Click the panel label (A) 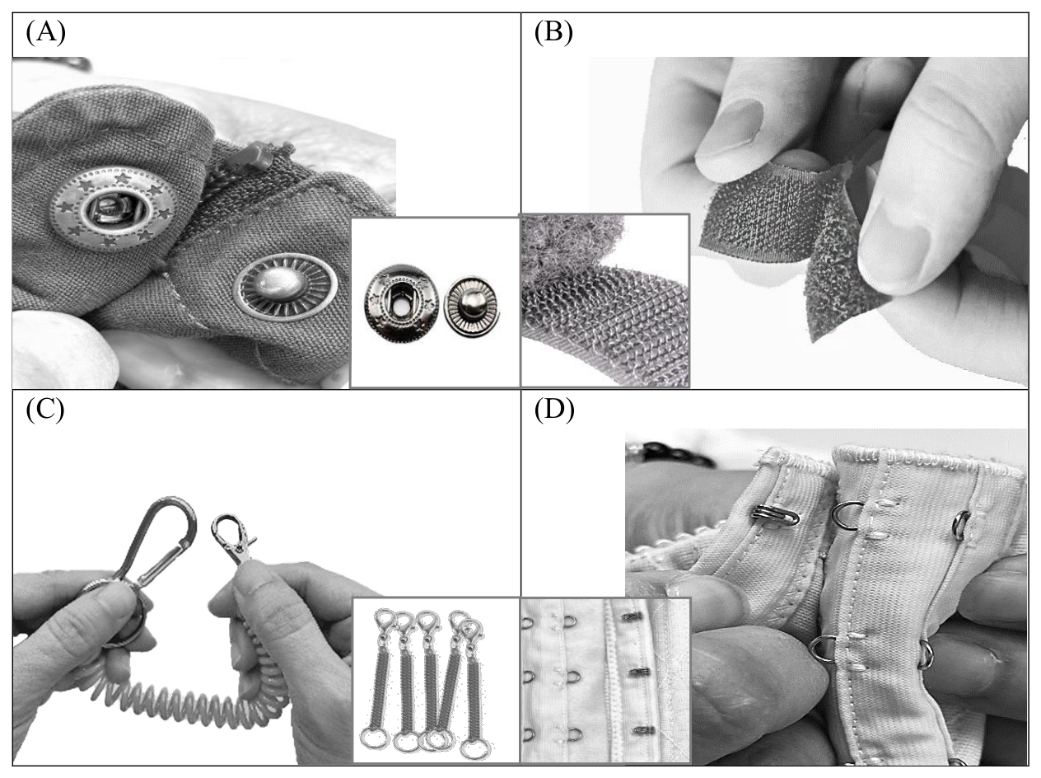point(45,33)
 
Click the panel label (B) point(553,33)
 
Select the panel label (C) point(45,410)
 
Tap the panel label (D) point(554,410)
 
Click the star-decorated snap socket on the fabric point(114,207)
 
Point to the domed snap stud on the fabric point(286,284)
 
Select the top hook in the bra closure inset point(631,616)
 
